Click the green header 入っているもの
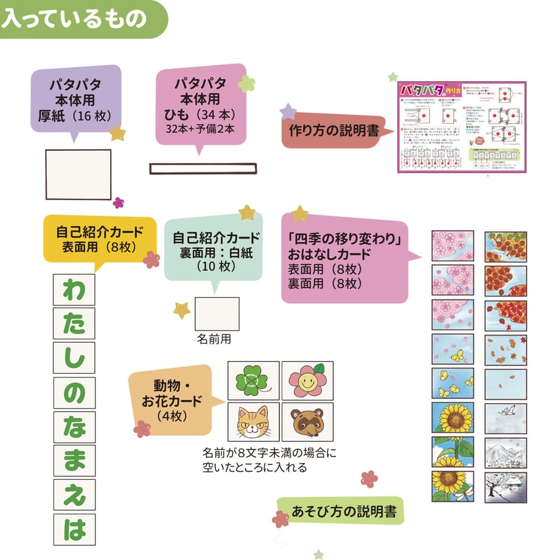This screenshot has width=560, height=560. click(74, 18)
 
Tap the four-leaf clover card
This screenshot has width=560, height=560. click(253, 381)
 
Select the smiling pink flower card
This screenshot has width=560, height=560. click(307, 381)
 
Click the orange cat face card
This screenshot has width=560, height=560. click(253, 422)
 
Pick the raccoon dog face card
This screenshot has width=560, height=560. click(307, 422)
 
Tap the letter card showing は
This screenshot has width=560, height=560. click(74, 529)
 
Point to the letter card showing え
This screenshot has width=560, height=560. click(74, 495)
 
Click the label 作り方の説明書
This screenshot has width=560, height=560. click(334, 131)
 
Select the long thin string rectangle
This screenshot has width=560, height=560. click(203, 169)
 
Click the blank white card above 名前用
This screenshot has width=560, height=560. click(217, 314)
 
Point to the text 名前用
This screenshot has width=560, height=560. click(214, 340)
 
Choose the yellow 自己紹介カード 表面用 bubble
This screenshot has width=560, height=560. click(100, 239)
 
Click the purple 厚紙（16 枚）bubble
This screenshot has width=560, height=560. click(75, 99)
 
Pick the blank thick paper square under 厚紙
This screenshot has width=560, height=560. click(79, 174)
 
